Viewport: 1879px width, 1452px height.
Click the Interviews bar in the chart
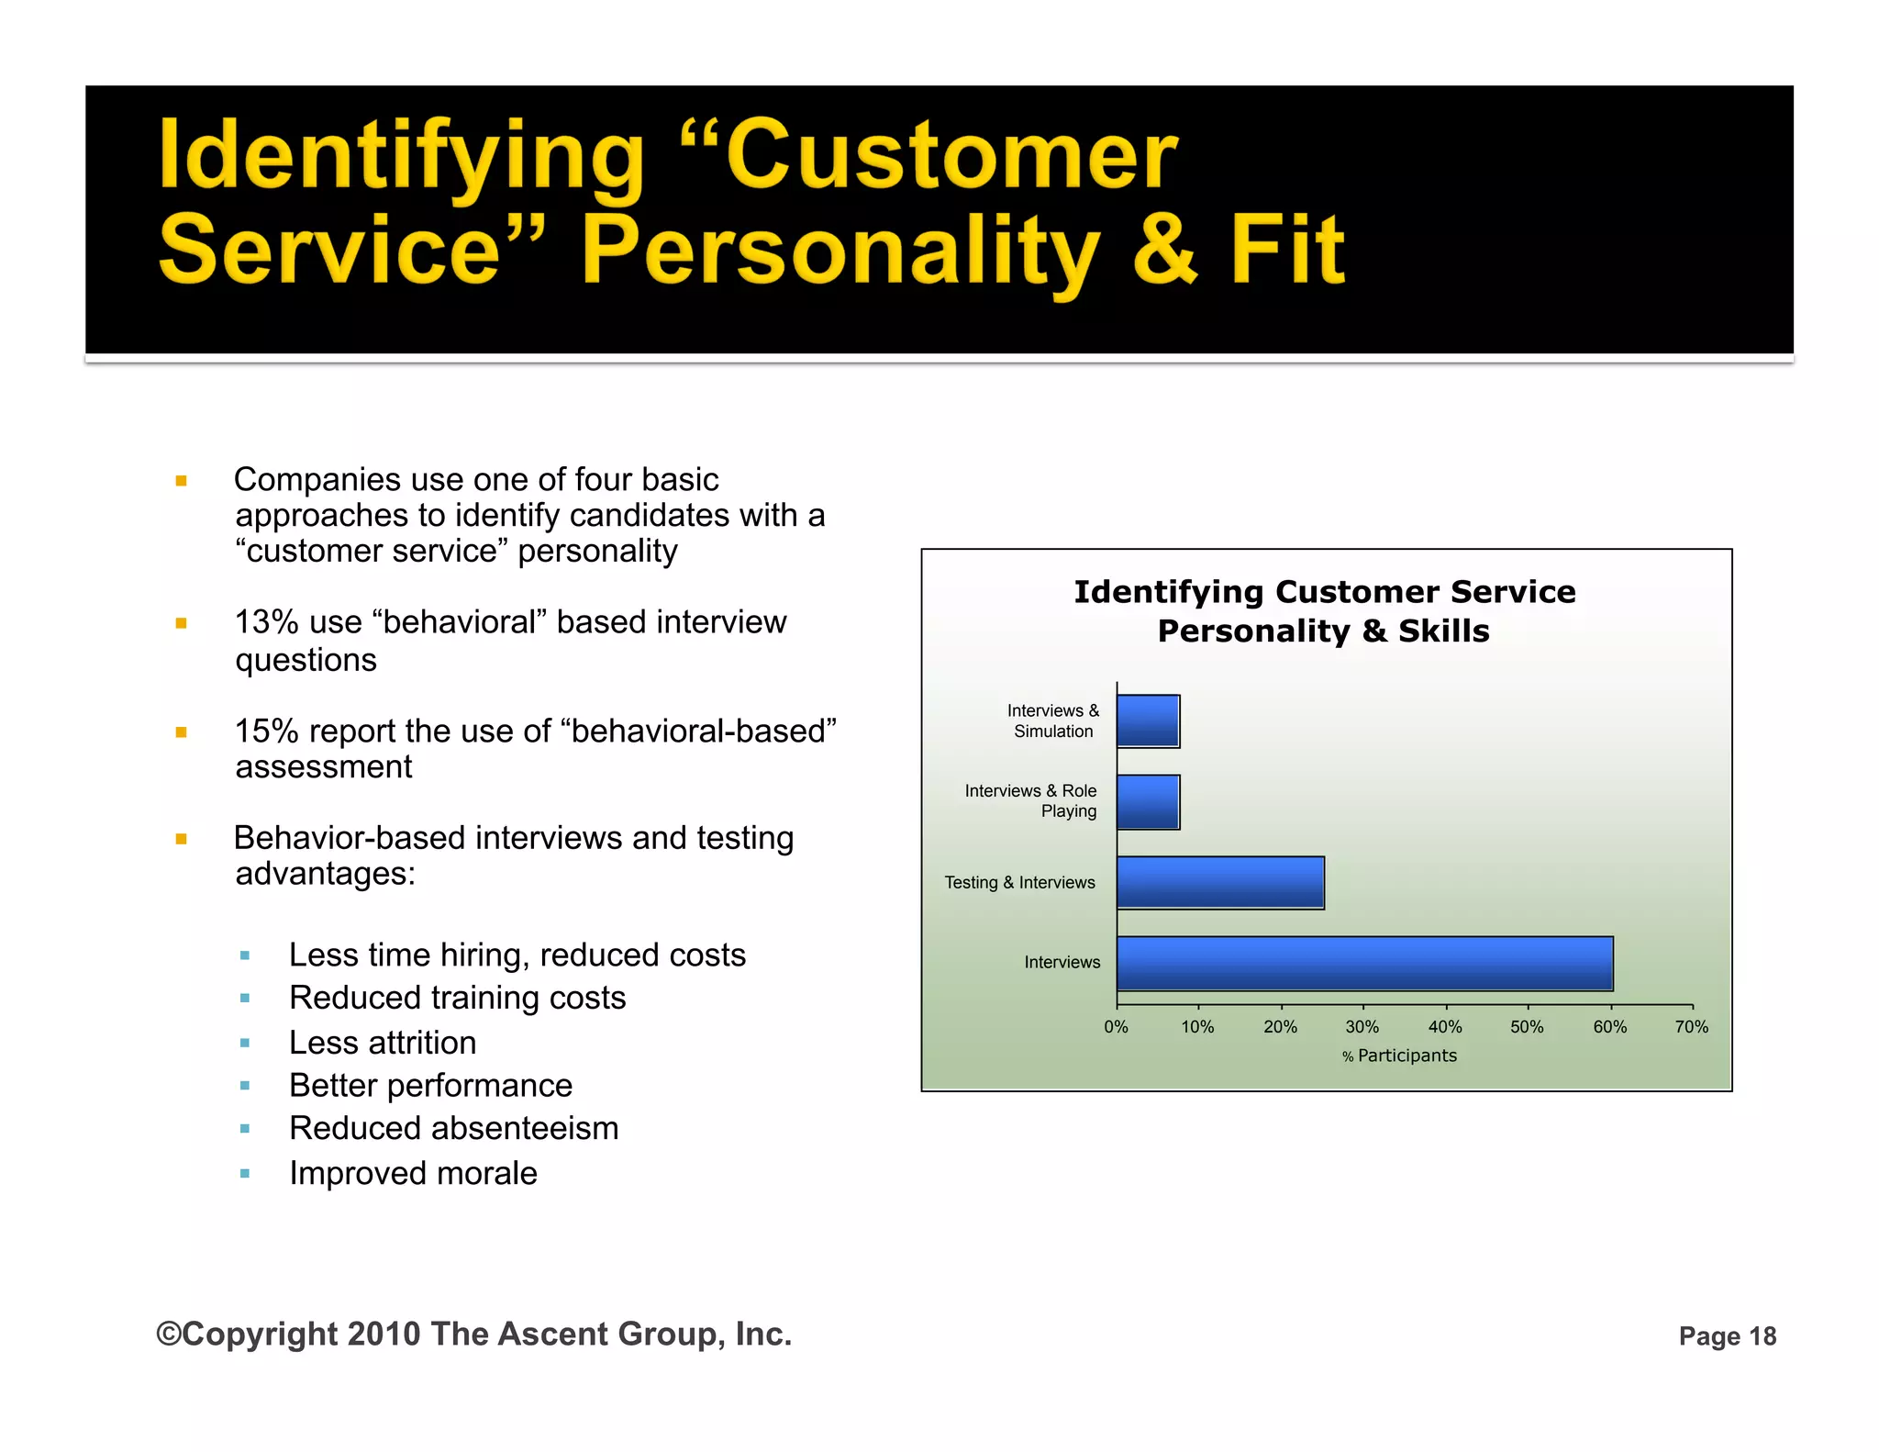[x=1364, y=963]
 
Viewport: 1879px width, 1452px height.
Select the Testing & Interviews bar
[x=1220, y=882]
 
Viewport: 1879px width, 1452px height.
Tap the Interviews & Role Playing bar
[x=1148, y=801]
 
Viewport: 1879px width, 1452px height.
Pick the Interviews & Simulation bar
[x=1148, y=720]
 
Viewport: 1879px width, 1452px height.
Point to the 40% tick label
[x=1444, y=1027]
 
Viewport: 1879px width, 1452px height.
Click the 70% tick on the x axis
[x=1691, y=1027]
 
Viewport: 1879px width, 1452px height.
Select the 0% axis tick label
[x=1116, y=1027]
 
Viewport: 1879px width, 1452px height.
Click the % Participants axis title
[x=1399, y=1055]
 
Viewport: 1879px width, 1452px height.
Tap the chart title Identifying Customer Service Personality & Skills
[x=1324, y=611]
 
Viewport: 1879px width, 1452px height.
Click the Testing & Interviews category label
[x=1019, y=882]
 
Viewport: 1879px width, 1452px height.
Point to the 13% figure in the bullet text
[x=266, y=622]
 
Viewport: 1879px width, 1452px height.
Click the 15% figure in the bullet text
[x=266, y=732]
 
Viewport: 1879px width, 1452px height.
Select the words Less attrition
[x=383, y=1043]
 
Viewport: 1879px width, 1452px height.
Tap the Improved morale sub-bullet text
[x=413, y=1173]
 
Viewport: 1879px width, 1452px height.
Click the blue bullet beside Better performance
[x=245, y=1086]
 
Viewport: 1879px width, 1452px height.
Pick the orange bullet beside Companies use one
[x=182, y=480]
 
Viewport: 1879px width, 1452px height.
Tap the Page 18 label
[x=1727, y=1336]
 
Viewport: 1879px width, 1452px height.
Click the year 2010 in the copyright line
[x=384, y=1334]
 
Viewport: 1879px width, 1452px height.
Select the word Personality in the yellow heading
[x=839, y=250]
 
